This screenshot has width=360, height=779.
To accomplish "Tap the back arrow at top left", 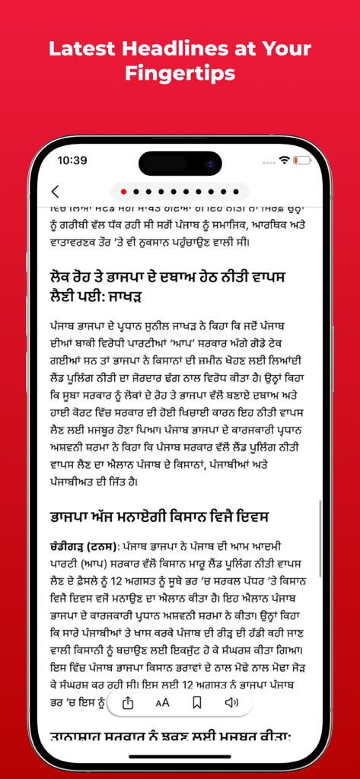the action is pos(55,192).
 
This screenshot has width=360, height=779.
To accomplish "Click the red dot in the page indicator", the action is pos(124,192).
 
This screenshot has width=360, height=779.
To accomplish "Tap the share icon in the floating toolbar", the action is pos(128,702).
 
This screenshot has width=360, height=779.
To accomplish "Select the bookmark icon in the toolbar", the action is pos(196,702).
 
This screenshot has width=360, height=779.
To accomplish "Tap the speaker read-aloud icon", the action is pos(231,702).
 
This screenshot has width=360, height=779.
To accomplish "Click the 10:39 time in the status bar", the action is pos(72,161).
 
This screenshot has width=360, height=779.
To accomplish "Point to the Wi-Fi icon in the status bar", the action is pos(285,161).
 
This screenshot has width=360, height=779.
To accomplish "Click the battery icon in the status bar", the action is pos(304,161).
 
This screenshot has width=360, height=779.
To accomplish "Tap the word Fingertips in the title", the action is pos(180,73).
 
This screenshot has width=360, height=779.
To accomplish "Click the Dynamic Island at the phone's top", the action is pos(180,162).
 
